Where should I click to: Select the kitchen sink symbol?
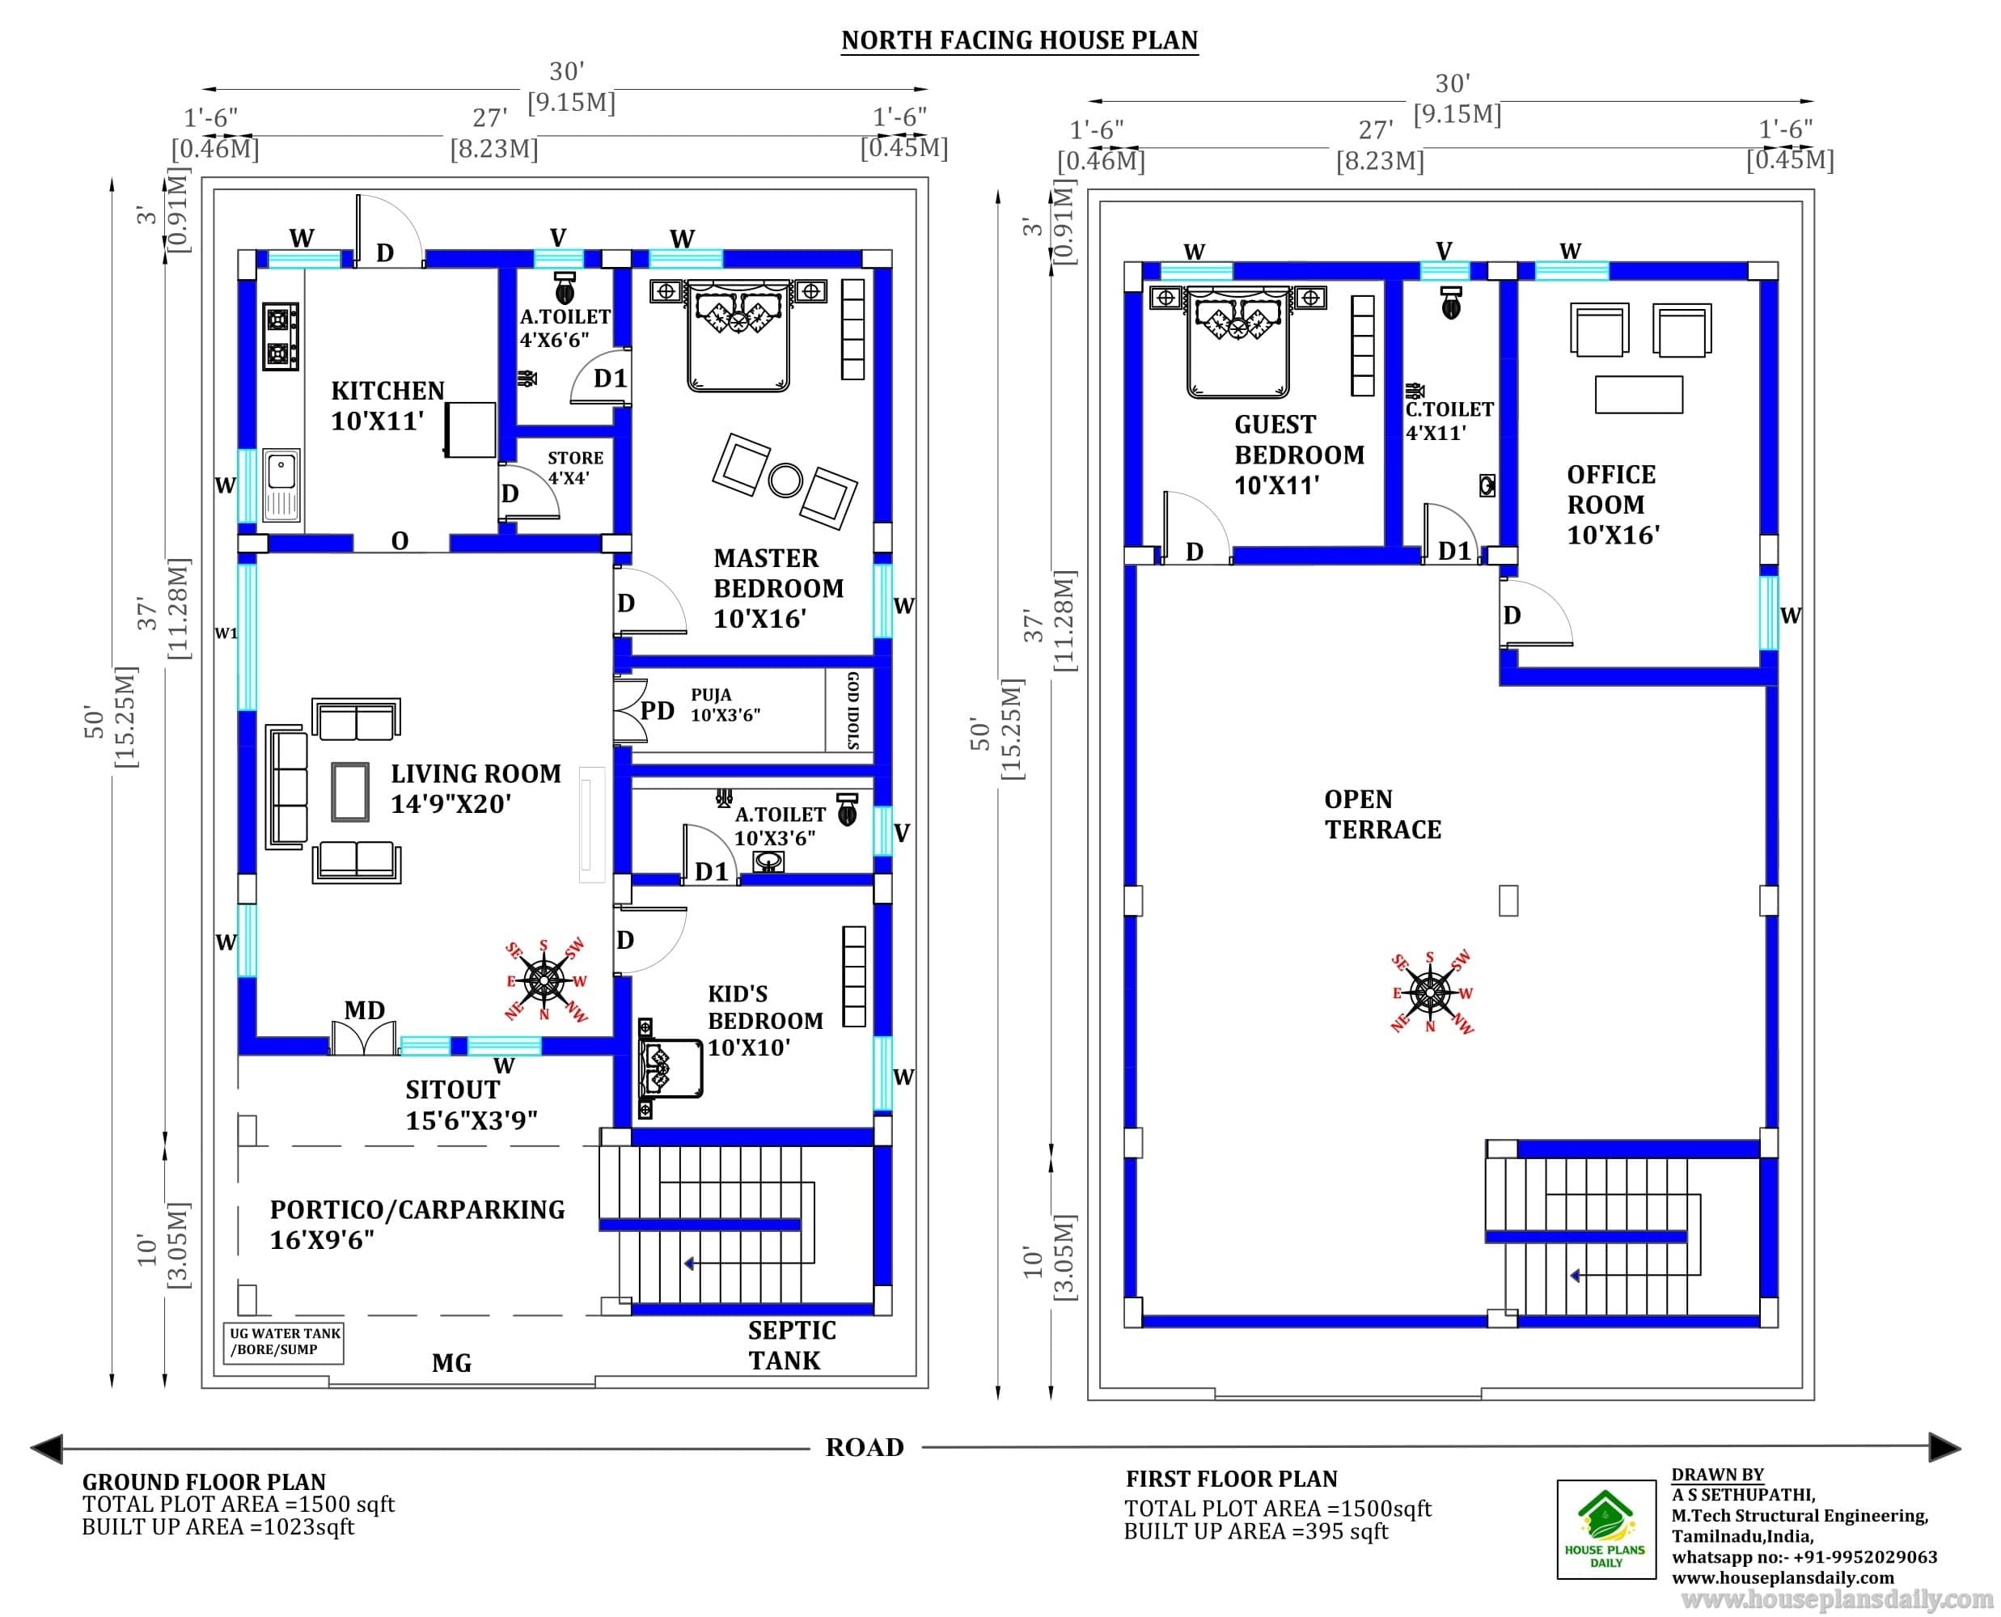282,485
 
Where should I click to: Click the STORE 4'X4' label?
574,468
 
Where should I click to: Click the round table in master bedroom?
785,480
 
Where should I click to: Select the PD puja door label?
658,711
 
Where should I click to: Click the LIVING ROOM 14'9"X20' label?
476,788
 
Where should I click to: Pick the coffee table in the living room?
350,791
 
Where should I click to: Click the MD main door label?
364,1010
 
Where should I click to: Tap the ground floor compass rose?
544,980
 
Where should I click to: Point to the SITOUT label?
452,1089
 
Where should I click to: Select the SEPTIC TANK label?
792,1345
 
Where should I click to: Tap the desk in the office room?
1638,394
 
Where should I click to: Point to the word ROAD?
865,1446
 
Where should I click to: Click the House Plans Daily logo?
1606,1530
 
